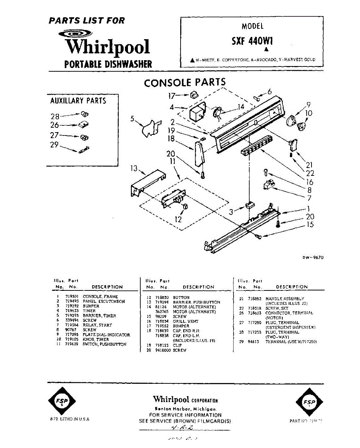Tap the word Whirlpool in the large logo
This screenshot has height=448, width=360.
(107, 47)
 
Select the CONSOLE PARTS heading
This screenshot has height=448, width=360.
(185, 83)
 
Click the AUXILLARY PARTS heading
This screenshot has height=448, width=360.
(78, 101)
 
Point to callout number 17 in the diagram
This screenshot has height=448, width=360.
(171, 96)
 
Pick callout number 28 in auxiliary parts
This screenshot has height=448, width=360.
(55, 116)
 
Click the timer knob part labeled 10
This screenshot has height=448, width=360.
(302, 126)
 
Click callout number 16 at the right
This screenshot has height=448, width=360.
(310, 182)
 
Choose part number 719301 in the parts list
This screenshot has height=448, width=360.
(71, 297)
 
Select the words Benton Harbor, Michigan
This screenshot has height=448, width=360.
(185, 409)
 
